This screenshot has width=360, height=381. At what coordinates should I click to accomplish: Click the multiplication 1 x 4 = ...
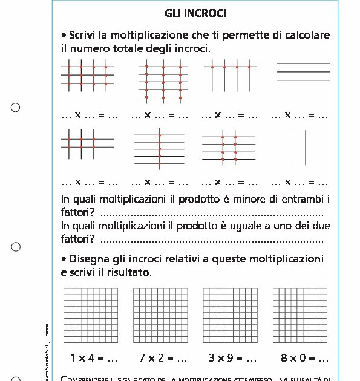[x=94, y=358]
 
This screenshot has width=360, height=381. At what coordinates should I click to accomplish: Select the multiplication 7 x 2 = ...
[x=163, y=358]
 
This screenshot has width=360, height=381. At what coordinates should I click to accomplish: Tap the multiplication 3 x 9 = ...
[x=232, y=358]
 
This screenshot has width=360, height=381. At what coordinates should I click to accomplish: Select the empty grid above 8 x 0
[x=300, y=315]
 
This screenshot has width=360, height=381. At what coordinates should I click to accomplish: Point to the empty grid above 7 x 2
[x=160, y=315]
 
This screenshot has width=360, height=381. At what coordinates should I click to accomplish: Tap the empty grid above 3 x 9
[x=231, y=315]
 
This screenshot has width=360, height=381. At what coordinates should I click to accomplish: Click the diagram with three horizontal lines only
[x=303, y=72]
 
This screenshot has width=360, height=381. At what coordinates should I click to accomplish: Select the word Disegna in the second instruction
[x=93, y=259]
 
